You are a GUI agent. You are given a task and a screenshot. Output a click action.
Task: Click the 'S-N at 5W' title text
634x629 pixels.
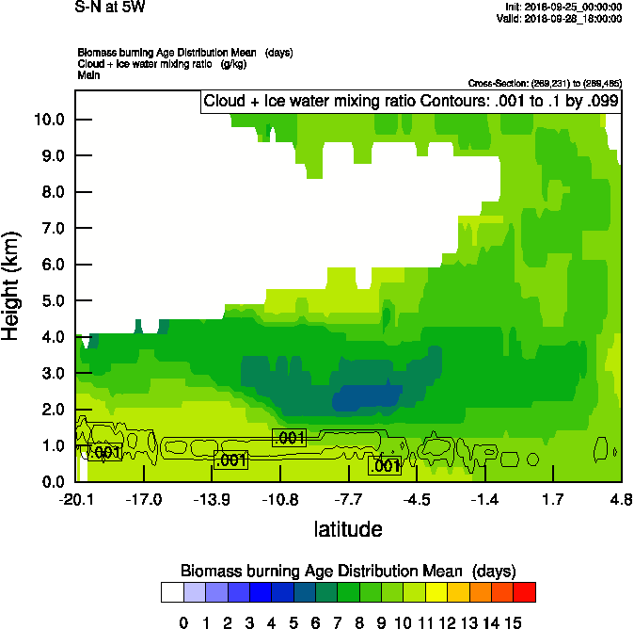coord(109,7)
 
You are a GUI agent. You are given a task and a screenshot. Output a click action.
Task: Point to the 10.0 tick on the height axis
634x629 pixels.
coord(49,120)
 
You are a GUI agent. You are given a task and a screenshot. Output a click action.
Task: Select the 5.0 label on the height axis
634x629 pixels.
coord(49,301)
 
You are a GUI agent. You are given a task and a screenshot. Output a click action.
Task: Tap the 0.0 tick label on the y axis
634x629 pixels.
coord(49,482)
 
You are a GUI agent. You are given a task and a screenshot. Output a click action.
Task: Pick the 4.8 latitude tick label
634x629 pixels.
coord(621,499)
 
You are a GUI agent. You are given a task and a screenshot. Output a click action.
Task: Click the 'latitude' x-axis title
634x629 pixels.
coord(348,529)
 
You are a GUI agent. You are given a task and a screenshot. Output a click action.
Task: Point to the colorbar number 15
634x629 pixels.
coord(514,622)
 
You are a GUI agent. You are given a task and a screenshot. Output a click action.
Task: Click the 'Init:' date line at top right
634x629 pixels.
coord(563,7)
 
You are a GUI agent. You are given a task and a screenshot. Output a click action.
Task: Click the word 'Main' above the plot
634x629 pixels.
coord(88,74)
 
